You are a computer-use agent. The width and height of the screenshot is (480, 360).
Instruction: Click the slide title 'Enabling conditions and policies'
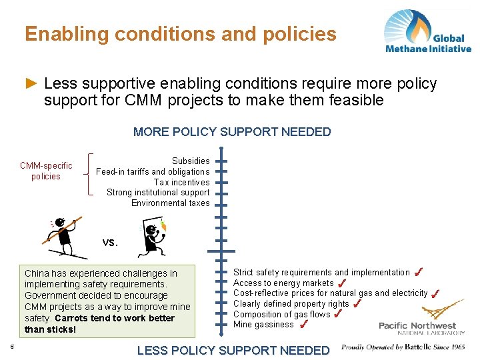(181, 33)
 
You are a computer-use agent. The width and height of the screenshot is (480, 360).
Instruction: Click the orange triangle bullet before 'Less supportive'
(31, 83)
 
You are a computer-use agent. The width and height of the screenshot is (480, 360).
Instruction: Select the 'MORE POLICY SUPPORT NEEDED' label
(232, 132)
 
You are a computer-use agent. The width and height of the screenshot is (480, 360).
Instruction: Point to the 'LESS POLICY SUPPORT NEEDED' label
(233, 350)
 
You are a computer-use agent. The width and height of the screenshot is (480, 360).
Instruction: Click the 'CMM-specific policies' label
(46, 171)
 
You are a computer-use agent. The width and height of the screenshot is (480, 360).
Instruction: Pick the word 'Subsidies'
(191, 161)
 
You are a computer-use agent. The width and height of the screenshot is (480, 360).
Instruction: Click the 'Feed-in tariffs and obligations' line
(153, 171)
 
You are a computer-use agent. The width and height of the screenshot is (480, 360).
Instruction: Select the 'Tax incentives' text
(181, 182)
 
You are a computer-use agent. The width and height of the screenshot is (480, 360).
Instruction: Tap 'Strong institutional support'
(158, 193)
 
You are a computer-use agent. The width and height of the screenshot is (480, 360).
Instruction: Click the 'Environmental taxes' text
(170, 203)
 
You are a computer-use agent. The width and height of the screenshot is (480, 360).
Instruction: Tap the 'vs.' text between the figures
(110, 242)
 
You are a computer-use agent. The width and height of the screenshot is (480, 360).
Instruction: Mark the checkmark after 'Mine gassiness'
(304, 325)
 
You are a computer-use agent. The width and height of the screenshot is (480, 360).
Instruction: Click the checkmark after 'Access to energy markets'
(341, 283)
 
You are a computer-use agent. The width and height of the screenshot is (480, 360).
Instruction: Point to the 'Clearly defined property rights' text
(291, 304)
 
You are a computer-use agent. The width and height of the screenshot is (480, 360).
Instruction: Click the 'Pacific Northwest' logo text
(417, 325)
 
